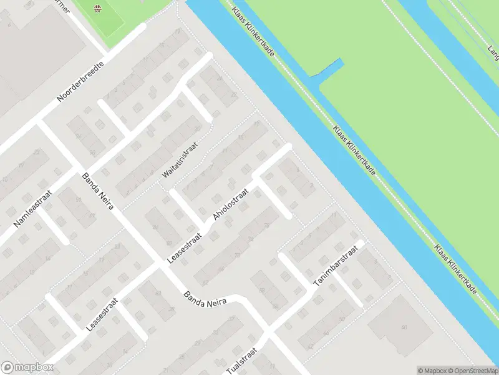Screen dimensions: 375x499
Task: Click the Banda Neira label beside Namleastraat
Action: click(x=97, y=191)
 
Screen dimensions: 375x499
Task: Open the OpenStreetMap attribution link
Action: click(x=473, y=371)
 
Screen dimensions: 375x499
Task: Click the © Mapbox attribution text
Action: click(x=432, y=371)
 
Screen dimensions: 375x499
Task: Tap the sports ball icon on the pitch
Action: click(x=97, y=8)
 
